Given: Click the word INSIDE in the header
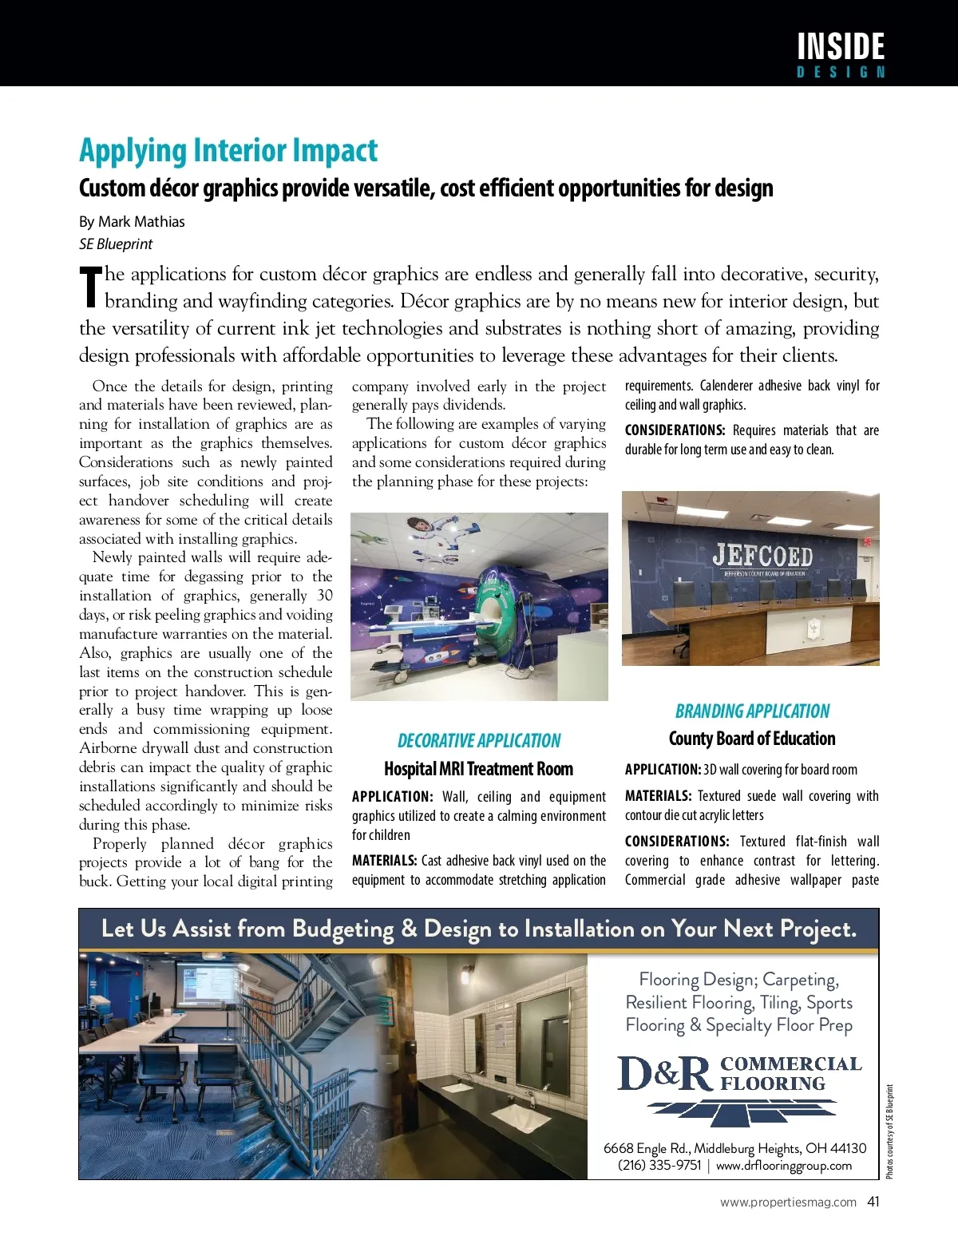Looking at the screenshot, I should (x=841, y=46).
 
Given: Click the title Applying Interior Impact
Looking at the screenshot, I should (x=228, y=151).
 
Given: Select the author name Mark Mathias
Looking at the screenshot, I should (x=141, y=222).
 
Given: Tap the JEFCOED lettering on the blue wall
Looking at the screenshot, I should (x=762, y=555).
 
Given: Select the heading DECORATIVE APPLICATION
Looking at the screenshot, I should (x=479, y=741).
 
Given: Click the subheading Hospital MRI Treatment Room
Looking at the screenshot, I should (x=478, y=769).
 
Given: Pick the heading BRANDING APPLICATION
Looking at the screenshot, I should (x=752, y=711).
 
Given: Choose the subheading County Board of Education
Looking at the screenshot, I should (x=752, y=739).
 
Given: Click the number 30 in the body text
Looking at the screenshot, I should (x=324, y=596).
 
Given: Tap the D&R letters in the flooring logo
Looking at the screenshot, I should (x=664, y=1074).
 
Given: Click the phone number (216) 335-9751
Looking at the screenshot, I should (x=659, y=1166).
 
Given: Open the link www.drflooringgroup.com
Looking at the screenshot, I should (x=784, y=1166).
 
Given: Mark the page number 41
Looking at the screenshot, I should (x=873, y=1202).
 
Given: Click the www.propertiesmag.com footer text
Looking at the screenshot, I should (x=788, y=1202).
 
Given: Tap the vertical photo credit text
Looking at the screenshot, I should (x=890, y=1131).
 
